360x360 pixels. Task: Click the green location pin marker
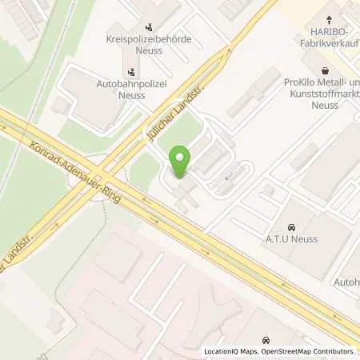pyautogui.click(x=180, y=162)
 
